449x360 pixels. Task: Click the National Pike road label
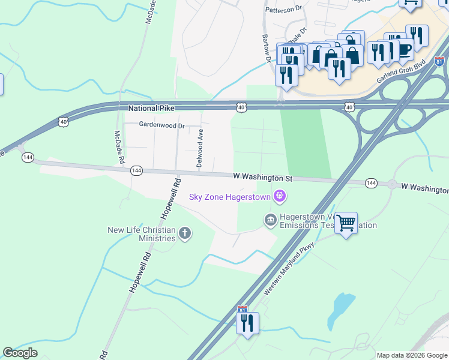tap(151, 109)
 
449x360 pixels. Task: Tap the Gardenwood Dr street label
tap(161, 125)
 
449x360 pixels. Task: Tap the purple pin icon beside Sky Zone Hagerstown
tap(279, 196)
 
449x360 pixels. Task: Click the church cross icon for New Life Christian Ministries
tap(185, 233)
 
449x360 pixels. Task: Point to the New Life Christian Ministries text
tap(141, 234)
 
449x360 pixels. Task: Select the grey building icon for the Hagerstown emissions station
tap(270, 221)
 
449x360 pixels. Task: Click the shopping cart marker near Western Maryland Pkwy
tap(346, 223)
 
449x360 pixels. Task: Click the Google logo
tap(20, 353)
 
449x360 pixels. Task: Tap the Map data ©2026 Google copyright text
tap(411, 355)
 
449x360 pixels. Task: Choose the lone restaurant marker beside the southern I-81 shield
tap(247, 324)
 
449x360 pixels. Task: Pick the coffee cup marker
tap(405, 50)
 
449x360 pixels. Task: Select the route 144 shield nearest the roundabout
tap(372, 182)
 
